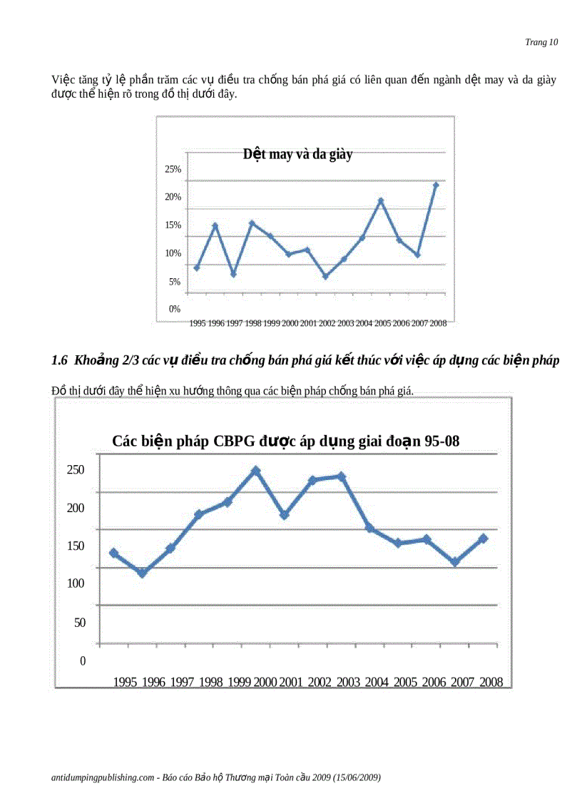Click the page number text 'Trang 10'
[541, 42]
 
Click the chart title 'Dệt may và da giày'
[297, 154]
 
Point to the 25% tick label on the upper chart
[173, 169]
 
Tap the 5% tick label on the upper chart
[175, 282]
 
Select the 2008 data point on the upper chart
[436, 185]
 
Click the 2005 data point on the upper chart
[381, 200]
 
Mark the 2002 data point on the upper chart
[325, 276]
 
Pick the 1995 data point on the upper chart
[197, 267]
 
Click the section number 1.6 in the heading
[59, 361]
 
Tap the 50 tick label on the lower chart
[80, 622]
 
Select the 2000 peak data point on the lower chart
[255, 471]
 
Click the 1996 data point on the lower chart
[142, 573]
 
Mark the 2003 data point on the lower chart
[341, 476]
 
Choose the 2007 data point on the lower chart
[454, 562]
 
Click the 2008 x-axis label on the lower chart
[491, 682]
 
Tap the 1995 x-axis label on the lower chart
[125, 682]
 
